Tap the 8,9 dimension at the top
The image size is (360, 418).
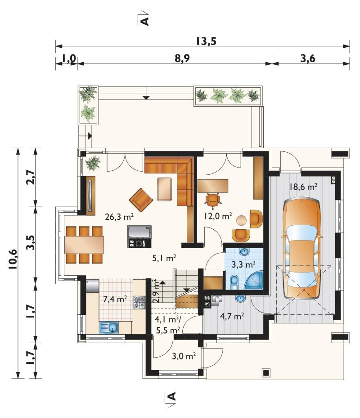[x=182, y=58]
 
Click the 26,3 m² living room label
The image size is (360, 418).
[x=119, y=217]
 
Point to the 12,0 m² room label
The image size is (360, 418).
[x=218, y=216]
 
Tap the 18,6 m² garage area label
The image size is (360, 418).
[x=303, y=186]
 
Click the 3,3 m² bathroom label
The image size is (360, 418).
[x=243, y=264]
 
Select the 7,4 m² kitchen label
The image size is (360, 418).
[x=115, y=299]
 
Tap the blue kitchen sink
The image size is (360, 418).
[x=109, y=327]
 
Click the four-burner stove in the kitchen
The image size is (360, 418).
[x=139, y=303]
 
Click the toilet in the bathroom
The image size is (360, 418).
[x=234, y=282]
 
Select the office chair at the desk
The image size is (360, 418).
[x=213, y=200]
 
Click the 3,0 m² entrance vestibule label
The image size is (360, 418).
[x=184, y=356]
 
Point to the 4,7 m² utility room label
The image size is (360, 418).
[x=232, y=317]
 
